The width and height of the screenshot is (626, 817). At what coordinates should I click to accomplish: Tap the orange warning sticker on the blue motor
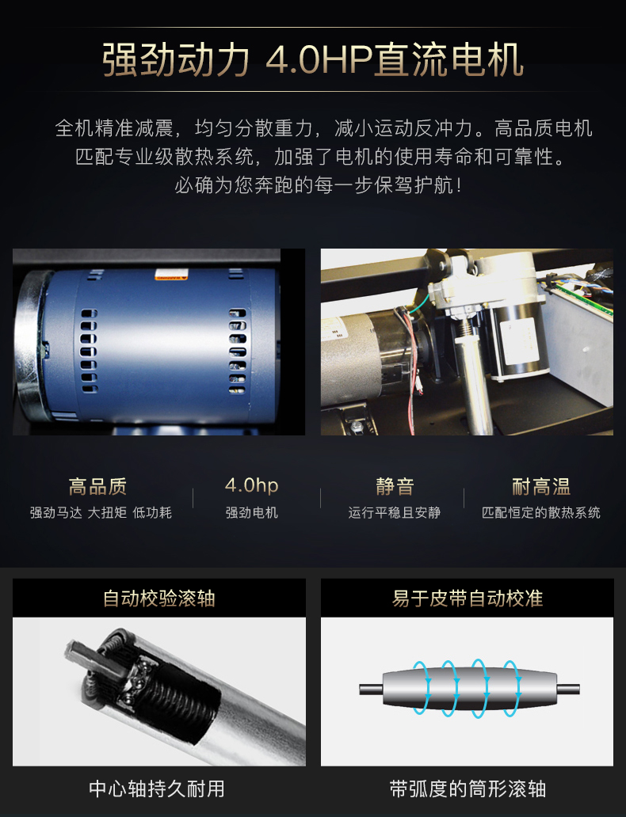click(x=170, y=276)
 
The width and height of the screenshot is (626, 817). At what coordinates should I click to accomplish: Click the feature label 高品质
click(x=97, y=487)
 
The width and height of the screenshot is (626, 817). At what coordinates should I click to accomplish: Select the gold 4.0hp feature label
click(x=251, y=485)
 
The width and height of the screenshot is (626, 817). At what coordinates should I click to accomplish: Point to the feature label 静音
click(x=395, y=487)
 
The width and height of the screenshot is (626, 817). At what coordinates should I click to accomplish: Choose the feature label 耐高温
click(x=541, y=487)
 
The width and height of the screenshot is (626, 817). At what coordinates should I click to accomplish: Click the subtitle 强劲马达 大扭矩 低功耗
click(x=101, y=513)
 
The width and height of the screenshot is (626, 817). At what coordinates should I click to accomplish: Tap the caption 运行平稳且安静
click(x=395, y=513)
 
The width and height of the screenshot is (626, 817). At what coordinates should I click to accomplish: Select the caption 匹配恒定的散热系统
click(x=541, y=513)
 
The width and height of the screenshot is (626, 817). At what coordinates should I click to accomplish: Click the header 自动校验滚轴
click(x=159, y=598)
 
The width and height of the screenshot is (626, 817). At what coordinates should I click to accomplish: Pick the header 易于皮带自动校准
click(x=468, y=598)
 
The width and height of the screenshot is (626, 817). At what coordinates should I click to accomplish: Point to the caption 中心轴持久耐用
click(x=157, y=788)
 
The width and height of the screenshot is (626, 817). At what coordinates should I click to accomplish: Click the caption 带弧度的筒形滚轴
click(x=468, y=788)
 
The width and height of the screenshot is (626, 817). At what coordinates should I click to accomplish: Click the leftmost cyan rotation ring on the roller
click(x=422, y=688)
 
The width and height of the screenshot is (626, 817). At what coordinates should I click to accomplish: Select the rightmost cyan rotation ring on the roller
click(x=512, y=688)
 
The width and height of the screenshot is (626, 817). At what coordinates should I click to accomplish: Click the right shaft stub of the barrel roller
click(x=569, y=689)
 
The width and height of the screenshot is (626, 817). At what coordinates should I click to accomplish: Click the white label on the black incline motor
click(x=519, y=343)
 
